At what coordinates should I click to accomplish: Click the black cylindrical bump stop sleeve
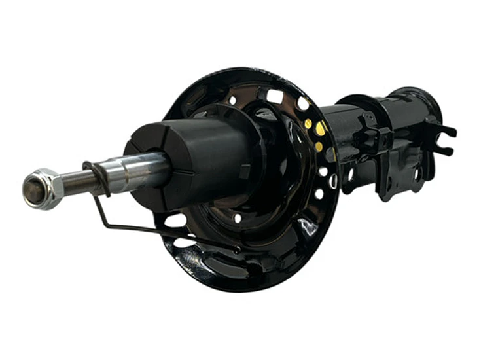coord(196,157)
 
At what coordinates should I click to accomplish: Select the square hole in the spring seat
coord(275,97)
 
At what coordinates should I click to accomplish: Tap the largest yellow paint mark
coord(320,129)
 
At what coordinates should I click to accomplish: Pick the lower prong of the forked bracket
coord(444,150)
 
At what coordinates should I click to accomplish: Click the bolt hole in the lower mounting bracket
coord(416,174)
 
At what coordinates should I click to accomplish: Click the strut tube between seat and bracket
coord(347,131)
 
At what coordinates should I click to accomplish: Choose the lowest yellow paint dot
coord(319,147)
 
